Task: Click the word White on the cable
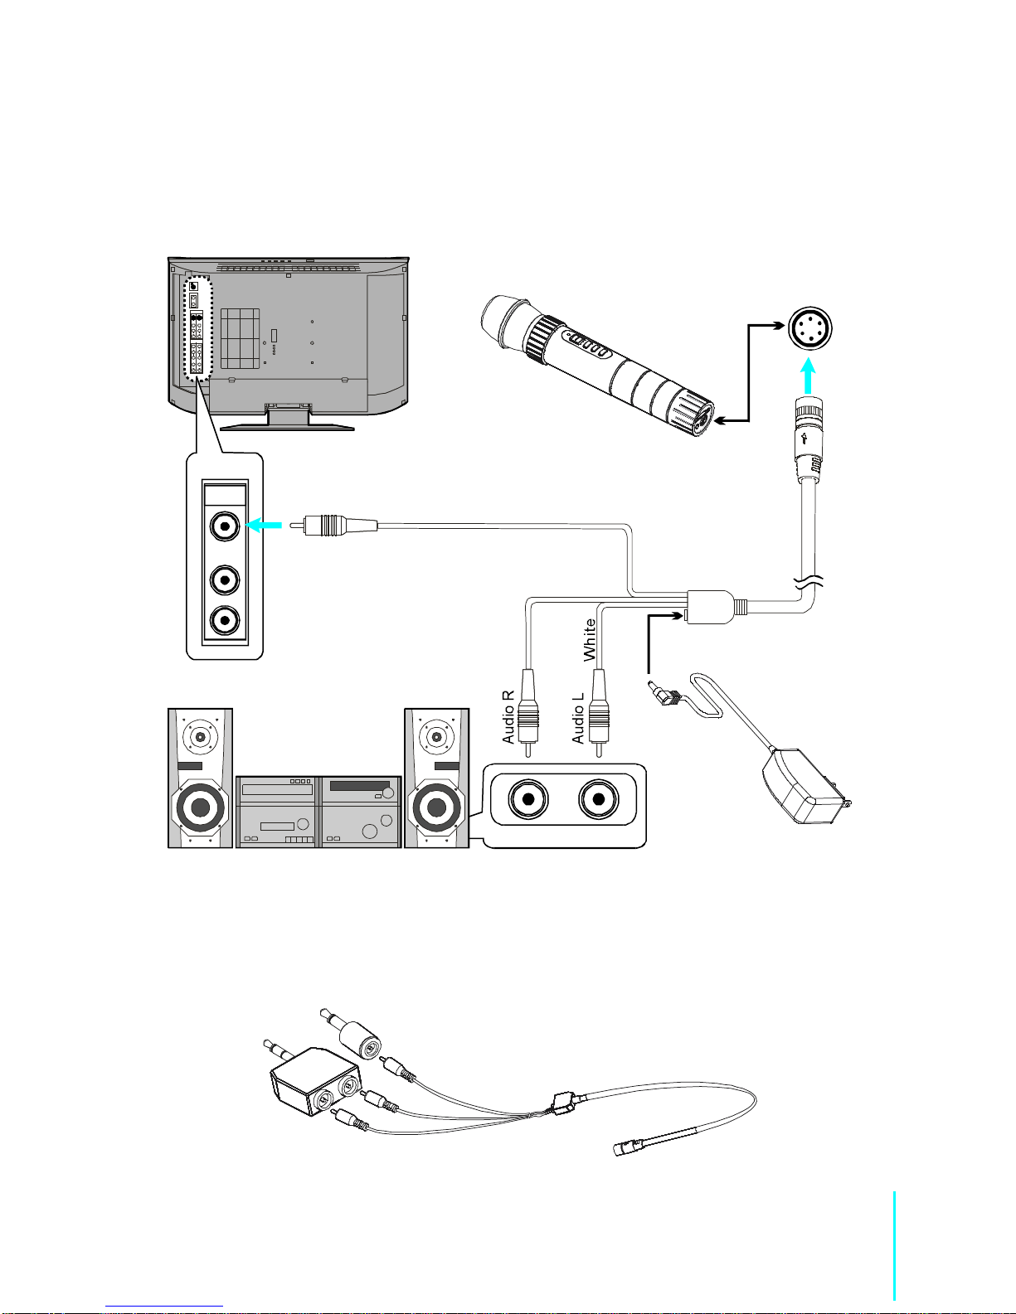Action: click(590, 639)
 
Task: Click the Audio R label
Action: click(509, 716)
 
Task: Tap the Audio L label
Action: click(578, 717)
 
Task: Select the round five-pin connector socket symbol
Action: click(809, 330)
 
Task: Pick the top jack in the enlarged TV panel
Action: click(225, 526)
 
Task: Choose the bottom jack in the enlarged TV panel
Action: click(225, 620)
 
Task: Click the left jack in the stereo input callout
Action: click(527, 800)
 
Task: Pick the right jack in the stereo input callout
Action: click(598, 800)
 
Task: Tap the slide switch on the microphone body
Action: click(586, 346)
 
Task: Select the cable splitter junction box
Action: click(710, 606)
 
